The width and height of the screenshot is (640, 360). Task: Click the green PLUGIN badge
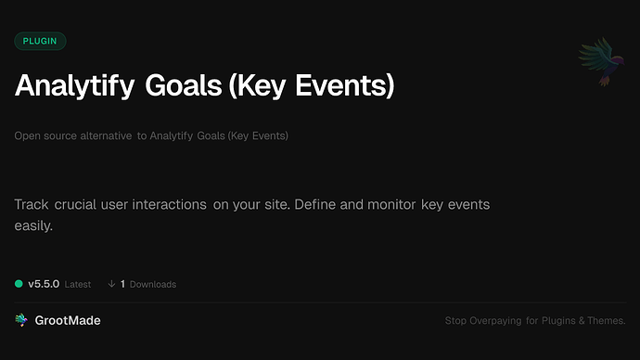(40, 41)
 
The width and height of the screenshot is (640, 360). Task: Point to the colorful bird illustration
(597, 62)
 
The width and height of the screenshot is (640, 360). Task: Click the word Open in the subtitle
(27, 136)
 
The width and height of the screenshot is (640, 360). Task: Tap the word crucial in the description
(75, 204)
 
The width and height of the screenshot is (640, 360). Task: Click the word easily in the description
(34, 225)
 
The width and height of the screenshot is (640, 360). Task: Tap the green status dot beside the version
(19, 284)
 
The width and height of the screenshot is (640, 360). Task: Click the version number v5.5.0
(44, 284)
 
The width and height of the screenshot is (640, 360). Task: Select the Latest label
(78, 284)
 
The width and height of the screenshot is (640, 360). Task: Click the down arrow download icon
(111, 284)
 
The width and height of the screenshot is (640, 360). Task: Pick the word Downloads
(153, 284)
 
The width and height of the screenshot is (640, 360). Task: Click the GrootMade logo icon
(21, 320)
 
